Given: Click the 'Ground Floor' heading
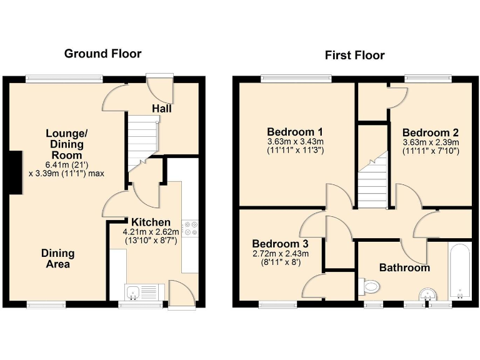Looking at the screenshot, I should click(x=102, y=54).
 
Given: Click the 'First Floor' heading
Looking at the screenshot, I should click(x=354, y=55).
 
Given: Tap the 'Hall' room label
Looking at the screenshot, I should click(x=162, y=109).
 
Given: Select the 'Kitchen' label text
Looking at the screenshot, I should click(x=151, y=222).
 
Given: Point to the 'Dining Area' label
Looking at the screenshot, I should click(x=57, y=259).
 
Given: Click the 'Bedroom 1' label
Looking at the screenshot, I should click(x=294, y=132).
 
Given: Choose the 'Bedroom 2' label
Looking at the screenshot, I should click(x=431, y=132).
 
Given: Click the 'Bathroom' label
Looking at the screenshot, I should click(x=404, y=267).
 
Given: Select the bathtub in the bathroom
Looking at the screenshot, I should click(x=459, y=271).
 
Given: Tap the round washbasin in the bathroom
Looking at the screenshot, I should click(x=427, y=293).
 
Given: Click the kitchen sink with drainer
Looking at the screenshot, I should click(x=142, y=292).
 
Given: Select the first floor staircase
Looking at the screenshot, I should click(x=372, y=181).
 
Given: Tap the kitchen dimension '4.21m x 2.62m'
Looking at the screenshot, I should click(x=150, y=232).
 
